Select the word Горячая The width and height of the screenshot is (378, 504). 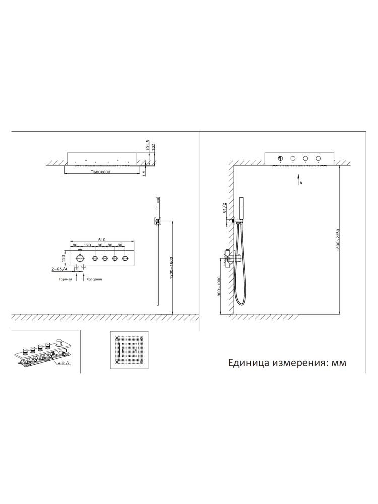[65, 279]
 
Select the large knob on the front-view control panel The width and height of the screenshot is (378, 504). [80, 259]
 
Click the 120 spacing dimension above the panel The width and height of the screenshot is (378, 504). [87, 245]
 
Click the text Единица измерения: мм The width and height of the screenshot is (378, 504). [288, 362]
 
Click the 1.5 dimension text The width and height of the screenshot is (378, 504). [144, 172]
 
